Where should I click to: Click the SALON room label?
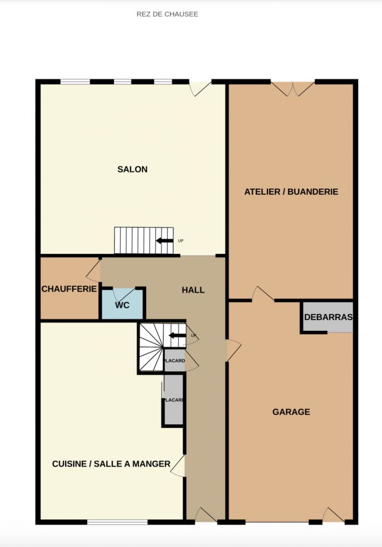tap(132, 169)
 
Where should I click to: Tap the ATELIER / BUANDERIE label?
tap(291, 191)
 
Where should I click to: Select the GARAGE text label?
tap(291, 411)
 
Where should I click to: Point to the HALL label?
tap(193, 290)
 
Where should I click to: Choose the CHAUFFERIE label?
tap(69, 289)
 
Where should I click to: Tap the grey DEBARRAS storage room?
tap(328, 317)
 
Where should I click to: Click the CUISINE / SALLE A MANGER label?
tap(111, 464)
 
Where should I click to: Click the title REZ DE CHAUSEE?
tap(167, 15)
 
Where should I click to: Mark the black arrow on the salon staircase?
tap(164, 241)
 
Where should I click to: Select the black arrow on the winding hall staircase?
tap(177, 336)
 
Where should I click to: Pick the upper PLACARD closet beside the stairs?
tap(174, 360)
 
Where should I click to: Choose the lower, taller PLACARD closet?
tap(173, 400)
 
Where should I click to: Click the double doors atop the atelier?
tap(293, 89)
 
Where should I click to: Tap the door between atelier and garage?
tap(263, 294)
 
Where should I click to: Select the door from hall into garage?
tap(234, 350)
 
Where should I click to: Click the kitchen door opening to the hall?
tap(178, 466)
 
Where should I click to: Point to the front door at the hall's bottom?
tap(206, 515)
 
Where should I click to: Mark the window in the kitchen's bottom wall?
tap(117, 522)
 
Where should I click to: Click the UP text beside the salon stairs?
tap(181, 241)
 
